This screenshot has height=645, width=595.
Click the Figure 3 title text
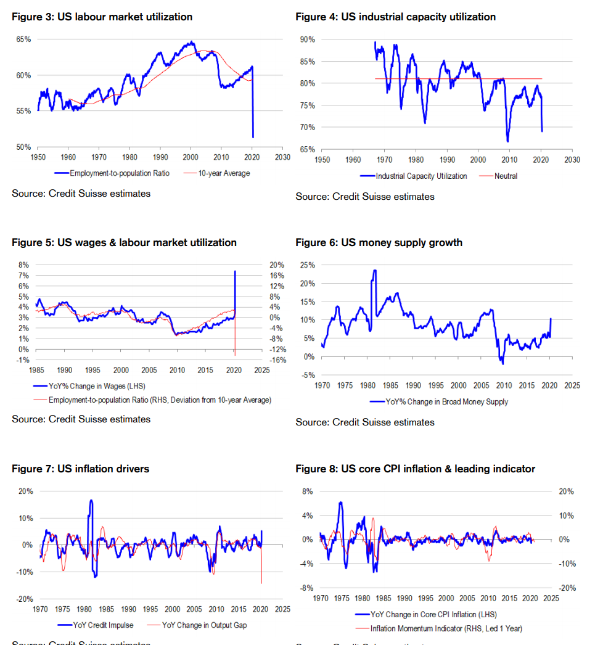(x=102, y=17)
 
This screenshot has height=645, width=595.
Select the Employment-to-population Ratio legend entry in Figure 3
(x=117, y=173)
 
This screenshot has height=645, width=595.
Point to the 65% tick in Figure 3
(x=23, y=39)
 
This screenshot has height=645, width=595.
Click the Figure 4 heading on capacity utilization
(x=395, y=17)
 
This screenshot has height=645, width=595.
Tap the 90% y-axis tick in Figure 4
(x=307, y=39)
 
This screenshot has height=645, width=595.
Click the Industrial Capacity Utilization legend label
(x=421, y=176)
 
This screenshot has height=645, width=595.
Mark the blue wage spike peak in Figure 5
(x=235, y=271)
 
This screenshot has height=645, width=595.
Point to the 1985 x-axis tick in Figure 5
(x=36, y=371)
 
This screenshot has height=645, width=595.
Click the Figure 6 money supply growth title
(x=379, y=243)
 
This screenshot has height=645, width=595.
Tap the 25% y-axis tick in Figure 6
(x=307, y=265)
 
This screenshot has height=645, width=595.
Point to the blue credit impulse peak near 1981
(x=91, y=500)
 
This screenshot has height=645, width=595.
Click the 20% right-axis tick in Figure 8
(x=567, y=491)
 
